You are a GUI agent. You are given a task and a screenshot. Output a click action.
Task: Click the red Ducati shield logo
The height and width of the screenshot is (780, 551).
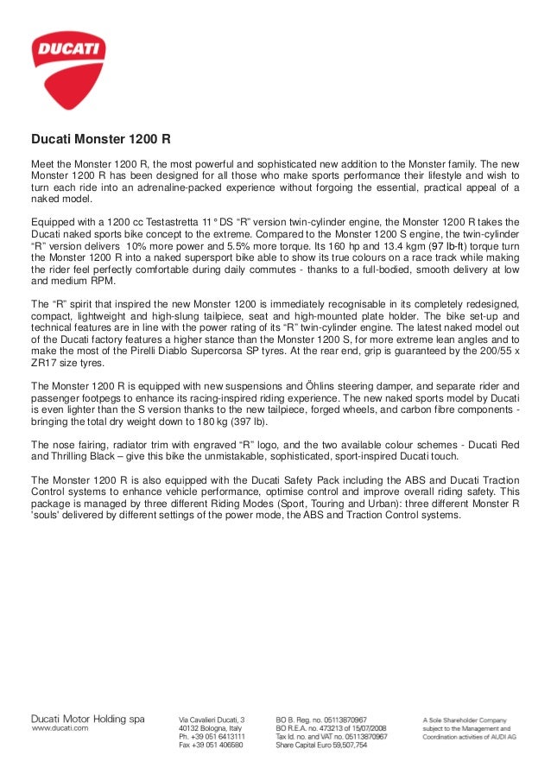point(69,64)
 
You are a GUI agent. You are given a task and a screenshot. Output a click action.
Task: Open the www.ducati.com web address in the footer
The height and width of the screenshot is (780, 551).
point(60,729)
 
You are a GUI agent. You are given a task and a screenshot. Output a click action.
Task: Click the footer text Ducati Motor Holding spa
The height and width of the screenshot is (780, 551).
point(88,719)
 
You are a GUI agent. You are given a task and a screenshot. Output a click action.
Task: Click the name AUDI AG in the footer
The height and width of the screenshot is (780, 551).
point(503,735)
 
